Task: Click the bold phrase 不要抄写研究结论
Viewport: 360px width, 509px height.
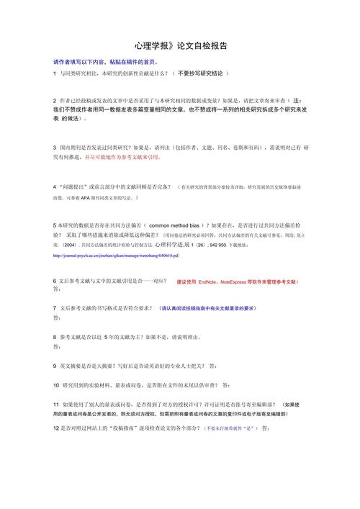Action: point(201,73)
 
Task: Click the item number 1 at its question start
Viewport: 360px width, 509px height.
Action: point(55,73)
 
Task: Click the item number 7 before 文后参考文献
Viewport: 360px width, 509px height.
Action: point(55,308)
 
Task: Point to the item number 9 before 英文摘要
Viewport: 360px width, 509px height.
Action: point(55,365)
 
